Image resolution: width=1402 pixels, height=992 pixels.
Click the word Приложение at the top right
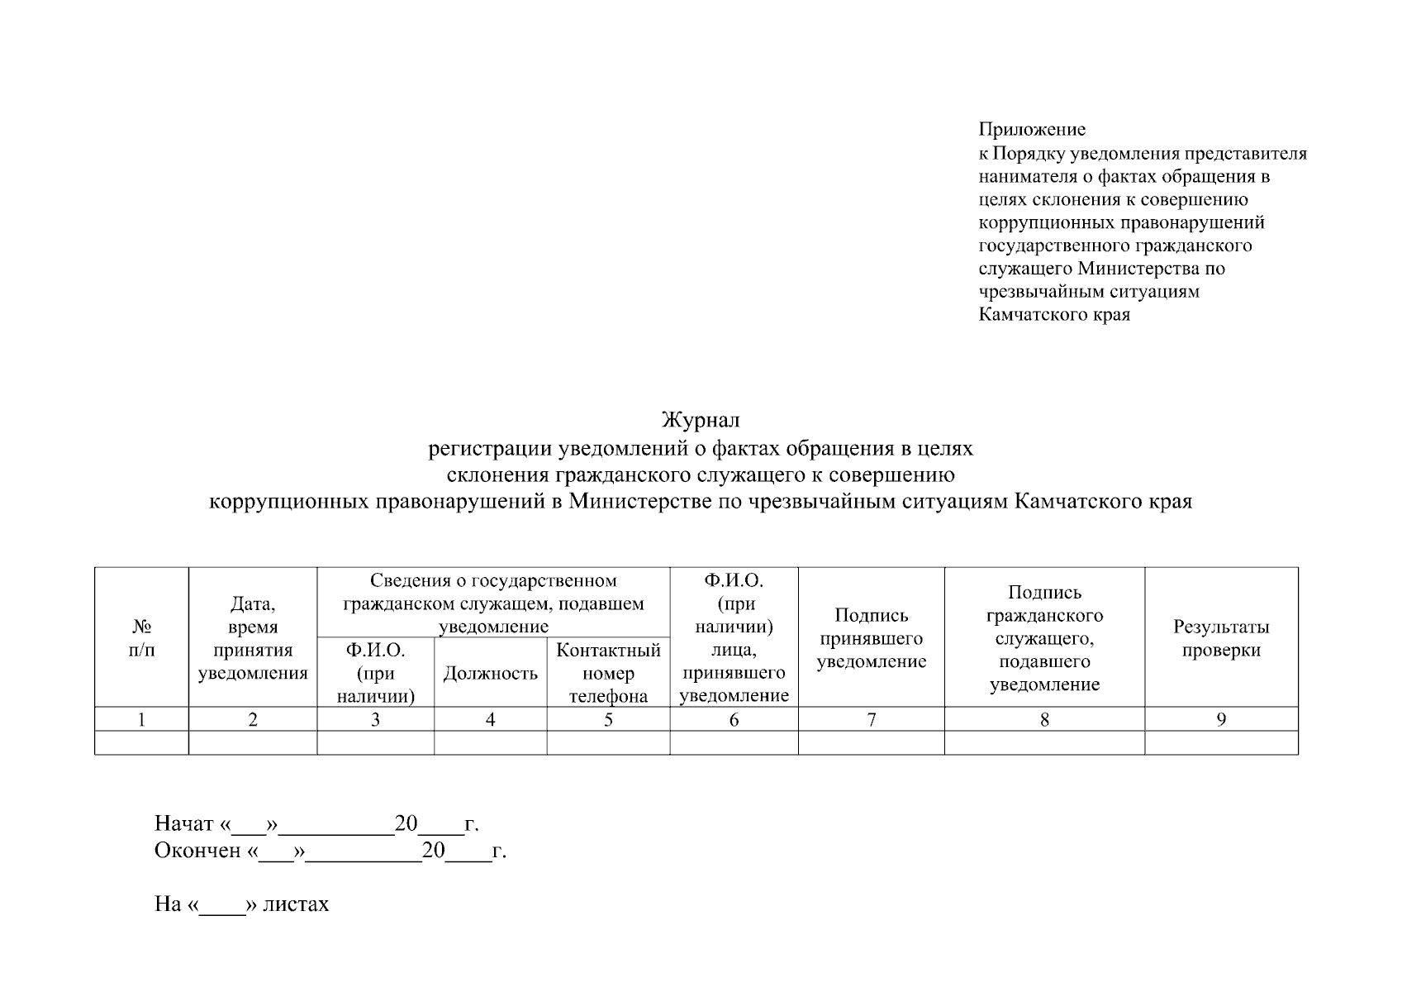click(x=1032, y=130)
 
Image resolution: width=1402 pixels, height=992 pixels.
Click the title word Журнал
click(x=701, y=421)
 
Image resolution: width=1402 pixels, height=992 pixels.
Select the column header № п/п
click(x=141, y=638)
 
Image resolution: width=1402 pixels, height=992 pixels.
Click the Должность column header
click(x=491, y=674)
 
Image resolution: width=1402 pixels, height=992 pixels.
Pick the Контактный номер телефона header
click(x=608, y=673)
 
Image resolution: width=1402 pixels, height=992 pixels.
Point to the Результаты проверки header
click(x=1221, y=638)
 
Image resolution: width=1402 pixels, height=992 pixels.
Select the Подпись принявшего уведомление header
click(x=871, y=638)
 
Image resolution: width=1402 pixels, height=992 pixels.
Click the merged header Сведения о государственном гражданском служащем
click(x=493, y=603)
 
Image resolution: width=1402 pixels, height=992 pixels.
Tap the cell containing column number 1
click(x=141, y=720)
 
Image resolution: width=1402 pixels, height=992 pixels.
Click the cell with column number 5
click(x=608, y=720)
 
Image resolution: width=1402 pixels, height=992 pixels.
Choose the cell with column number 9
click(x=1221, y=720)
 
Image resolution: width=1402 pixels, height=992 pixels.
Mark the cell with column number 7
click(x=871, y=720)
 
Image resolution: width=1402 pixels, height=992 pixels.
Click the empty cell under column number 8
click(x=1044, y=743)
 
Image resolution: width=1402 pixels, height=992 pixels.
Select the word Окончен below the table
click(x=197, y=851)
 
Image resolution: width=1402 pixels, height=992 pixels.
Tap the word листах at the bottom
click(x=296, y=904)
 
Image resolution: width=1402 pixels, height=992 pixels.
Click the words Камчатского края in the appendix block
click(x=1054, y=315)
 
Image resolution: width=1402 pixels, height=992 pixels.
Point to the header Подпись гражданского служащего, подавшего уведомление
click(x=1044, y=638)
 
